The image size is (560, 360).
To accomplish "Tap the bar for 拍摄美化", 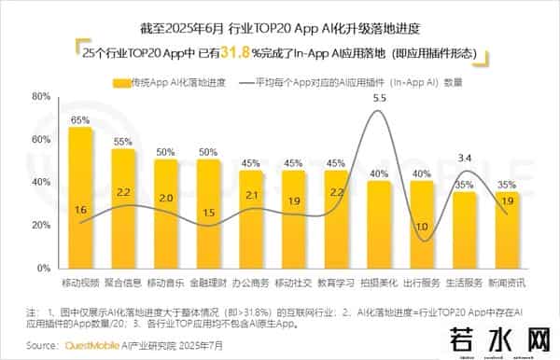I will (x=379, y=224).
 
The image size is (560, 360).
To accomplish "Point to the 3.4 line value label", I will (x=465, y=159).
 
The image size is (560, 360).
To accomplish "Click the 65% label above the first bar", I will (x=80, y=120).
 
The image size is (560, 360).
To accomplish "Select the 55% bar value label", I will (x=123, y=142).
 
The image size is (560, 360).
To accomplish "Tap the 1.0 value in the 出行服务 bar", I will (x=422, y=227).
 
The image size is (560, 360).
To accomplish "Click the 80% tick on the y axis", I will (x=39, y=96).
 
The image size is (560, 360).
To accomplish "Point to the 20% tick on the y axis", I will (x=39, y=225).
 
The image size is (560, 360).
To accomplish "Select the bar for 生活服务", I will (x=465, y=229).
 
